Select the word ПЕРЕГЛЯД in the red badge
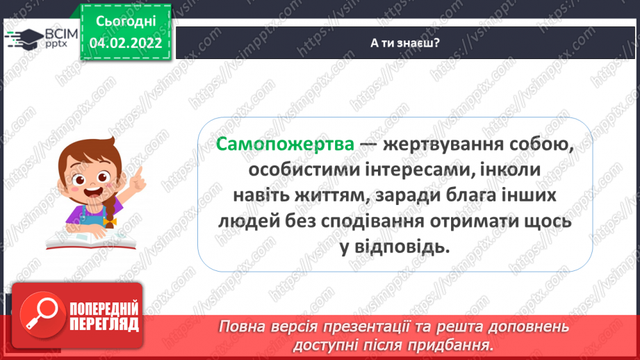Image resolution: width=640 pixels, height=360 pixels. tap(105, 324)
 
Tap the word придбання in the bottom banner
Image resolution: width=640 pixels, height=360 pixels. tap(451, 345)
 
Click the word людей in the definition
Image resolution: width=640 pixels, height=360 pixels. tap(247, 222)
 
